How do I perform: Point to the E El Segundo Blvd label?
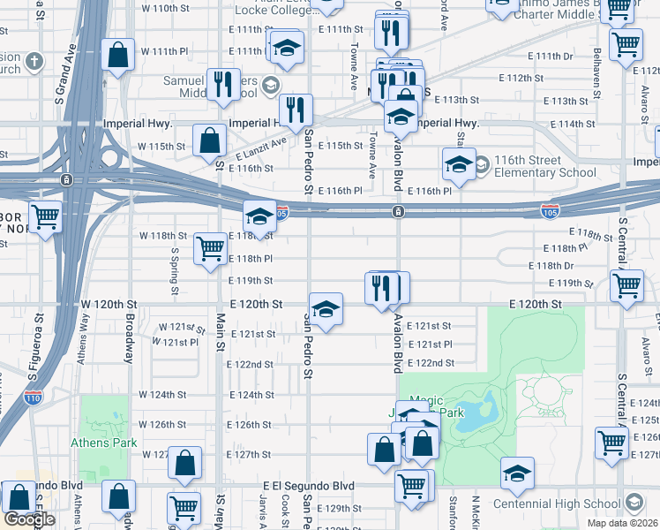(x=309, y=486)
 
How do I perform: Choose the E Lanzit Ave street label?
(x=262, y=148)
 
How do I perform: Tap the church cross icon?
(x=34, y=62)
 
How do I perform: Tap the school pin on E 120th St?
(x=326, y=308)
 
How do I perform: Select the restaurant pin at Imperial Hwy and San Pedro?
(x=295, y=109)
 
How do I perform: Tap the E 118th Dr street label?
(x=551, y=265)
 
